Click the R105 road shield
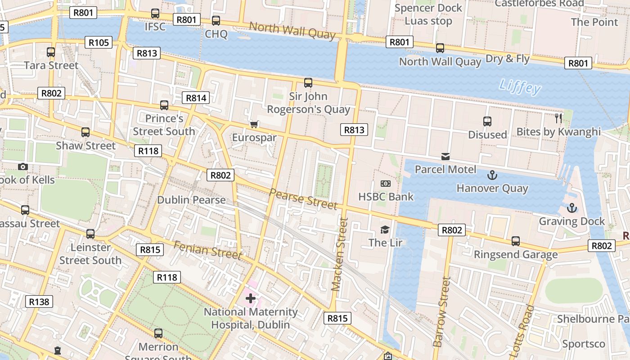(99, 43)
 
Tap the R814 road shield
(196, 98)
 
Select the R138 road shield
(39, 301)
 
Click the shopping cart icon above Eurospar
(254, 124)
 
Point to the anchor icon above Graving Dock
(571, 208)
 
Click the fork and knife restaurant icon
(558, 118)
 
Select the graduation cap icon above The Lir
(385, 230)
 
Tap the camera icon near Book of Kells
(23, 167)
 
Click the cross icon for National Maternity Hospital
(251, 298)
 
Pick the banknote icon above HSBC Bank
(386, 184)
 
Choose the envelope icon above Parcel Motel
(445, 156)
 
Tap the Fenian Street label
(207, 250)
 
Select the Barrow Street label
(441, 311)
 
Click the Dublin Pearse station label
(191, 200)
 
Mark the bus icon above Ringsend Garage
(516, 241)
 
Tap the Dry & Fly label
(508, 58)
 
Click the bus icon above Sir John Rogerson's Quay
(308, 83)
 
